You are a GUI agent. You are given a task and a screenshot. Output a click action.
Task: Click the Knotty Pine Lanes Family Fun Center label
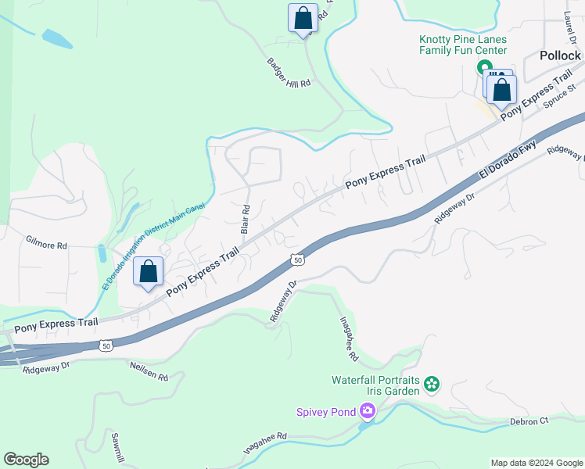(463, 44)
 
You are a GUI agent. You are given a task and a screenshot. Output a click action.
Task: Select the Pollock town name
(561, 55)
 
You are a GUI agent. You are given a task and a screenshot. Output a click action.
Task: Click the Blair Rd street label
(246, 219)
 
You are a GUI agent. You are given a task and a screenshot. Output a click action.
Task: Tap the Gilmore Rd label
(46, 245)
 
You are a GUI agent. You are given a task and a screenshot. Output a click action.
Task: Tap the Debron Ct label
(528, 421)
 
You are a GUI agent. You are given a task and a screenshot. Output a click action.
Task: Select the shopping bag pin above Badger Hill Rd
(303, 17)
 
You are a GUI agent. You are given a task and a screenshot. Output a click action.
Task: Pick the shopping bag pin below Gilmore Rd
(149, 271)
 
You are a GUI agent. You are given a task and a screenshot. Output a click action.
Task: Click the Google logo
(26, 460)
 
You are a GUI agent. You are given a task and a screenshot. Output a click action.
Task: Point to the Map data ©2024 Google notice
(537, 463)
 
